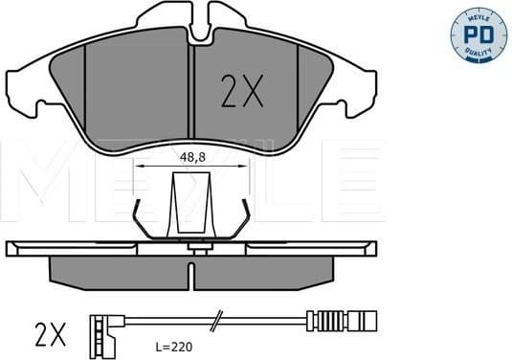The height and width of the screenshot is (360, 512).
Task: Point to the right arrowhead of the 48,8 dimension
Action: pos(245,166)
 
